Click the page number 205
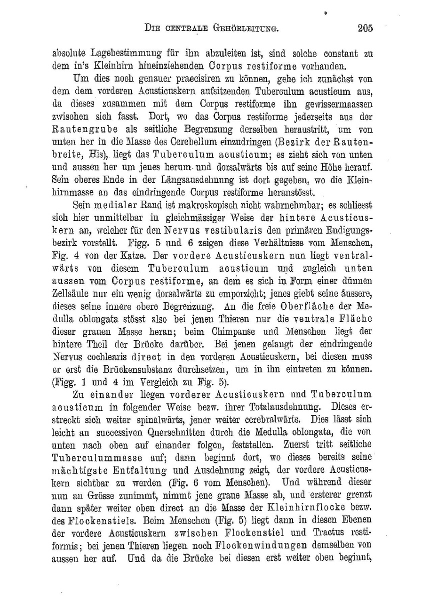pos(365,29)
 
